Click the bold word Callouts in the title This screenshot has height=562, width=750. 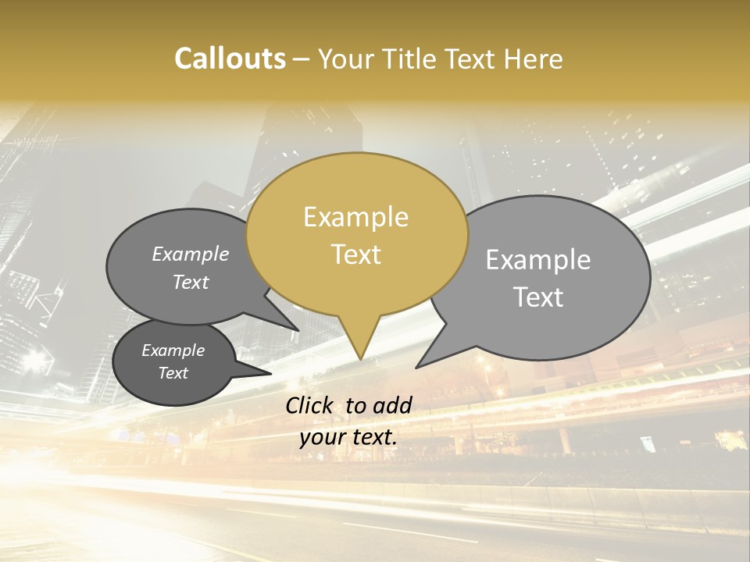coord(230,59)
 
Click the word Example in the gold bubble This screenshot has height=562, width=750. coord(355,217)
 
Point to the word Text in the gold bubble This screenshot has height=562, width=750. coord(355,254)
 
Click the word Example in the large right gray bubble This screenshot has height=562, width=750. coord(538,260)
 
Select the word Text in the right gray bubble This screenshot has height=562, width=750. coord(538,297)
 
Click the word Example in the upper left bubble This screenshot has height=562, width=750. coord(191,254)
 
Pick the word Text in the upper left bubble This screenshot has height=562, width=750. coord(191,282)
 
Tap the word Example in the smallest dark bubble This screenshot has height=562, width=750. coord(173,350)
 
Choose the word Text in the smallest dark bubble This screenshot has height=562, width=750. coord(173,373)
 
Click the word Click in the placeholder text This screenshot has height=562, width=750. coord(310,405)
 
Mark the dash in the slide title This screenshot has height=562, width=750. coord(302,59)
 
